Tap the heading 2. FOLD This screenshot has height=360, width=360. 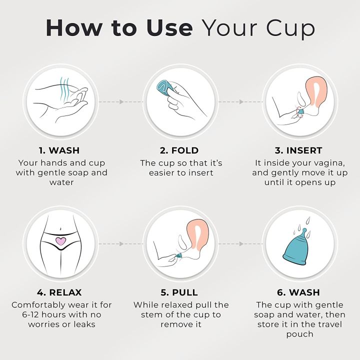click(x=179, y=150)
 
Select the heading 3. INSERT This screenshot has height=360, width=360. click(x=299, y=150)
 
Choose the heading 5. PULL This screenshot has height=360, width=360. click(x=179, y=292)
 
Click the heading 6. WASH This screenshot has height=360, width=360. click(x=299, y=292)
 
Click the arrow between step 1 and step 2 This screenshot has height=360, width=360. click(x=120, y=101)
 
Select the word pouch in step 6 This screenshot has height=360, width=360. click(x=299, y=334)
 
